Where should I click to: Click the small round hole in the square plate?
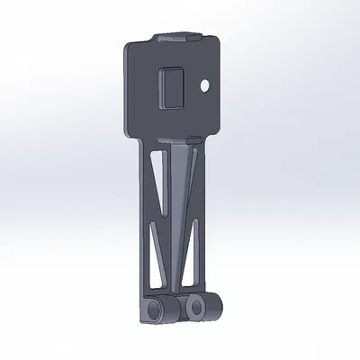(x=206, y=85)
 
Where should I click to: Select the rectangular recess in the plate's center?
(x=171, y=88)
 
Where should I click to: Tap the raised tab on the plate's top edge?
(x=175, y=37)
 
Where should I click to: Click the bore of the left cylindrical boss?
(x=156, y=310)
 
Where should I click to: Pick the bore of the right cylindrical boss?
(x=195, y=308)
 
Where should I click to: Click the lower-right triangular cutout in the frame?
(x=191, y=270)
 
